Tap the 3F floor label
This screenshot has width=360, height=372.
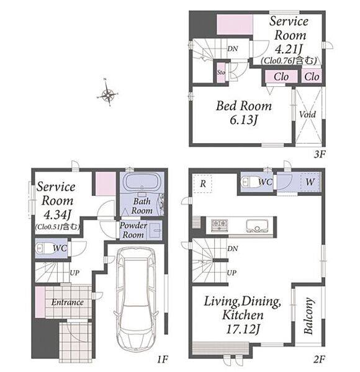tap(320, 154)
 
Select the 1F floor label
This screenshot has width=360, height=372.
tap(163, 360)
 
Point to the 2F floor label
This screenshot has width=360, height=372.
tap(319, 360)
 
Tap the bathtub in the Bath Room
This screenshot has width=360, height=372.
tap(142, 182)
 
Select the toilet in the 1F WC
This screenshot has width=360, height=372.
tap(43, 249)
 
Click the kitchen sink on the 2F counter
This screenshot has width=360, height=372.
tap(257, 226)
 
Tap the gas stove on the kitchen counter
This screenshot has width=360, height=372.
tap(220, 226)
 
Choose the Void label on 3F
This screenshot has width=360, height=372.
tap(307, 115)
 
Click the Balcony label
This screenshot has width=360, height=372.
tap(309, 316)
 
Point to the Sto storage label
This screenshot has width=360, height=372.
tap(221, 72)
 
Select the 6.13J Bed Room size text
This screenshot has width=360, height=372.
tap(244, 120)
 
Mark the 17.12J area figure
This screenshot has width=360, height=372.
tap(243, 329)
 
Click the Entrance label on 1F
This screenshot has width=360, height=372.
tap(68, 303)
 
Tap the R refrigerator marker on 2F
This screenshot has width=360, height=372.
tap(203, 184)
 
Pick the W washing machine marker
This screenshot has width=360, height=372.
tap(310, 182)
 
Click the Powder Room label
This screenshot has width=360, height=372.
tap(133, 230)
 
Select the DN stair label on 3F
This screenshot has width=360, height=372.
tap(233, 48)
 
